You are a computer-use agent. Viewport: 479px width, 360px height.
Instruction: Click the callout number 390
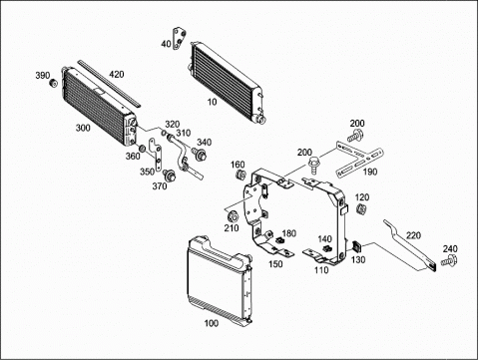43,76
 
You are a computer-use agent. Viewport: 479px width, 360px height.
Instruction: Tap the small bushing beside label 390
53,83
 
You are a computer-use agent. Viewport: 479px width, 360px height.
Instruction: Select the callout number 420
117,74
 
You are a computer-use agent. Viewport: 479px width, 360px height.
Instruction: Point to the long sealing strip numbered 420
109,84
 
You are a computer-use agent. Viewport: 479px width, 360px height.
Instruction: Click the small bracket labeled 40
180,39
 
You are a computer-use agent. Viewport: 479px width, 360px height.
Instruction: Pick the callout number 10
212,102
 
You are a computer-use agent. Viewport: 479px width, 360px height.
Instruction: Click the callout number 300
83,128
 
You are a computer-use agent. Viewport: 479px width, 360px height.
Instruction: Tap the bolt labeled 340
199,154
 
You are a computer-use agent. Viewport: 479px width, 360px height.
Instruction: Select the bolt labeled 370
170,175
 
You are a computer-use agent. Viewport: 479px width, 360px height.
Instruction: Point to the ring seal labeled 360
142,148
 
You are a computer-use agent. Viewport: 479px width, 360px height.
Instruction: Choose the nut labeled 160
240,174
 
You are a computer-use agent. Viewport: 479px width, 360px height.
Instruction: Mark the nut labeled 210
232,216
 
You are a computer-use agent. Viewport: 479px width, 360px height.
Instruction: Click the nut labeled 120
360,209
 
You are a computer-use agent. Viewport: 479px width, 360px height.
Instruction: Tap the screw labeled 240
449,260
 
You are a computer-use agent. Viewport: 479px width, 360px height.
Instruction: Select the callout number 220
413,235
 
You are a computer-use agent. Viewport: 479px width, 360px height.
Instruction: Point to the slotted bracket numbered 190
359,160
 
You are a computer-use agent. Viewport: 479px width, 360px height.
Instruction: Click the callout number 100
212,323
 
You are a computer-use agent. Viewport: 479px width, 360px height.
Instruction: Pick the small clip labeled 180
279,240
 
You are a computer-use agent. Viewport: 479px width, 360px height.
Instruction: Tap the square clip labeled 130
356,246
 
